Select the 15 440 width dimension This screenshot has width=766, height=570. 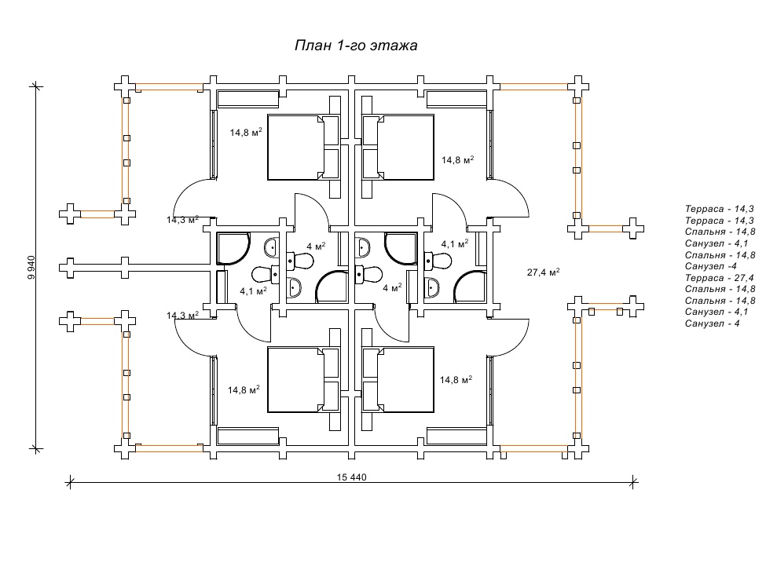[x=352, y=477]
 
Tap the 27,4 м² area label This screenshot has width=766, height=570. [x=543, y=272]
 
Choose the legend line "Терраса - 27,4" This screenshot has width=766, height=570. [x=720, y=278]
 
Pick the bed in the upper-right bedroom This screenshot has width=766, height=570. [x=398, y=147]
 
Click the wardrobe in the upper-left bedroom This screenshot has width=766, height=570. [x=247, y=99]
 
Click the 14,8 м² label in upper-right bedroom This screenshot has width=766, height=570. [x=457, y=160]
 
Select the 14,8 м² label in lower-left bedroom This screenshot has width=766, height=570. [x=244, y=388]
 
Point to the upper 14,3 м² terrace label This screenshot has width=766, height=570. [x=182, y=220]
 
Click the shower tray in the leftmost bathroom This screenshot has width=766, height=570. [x=233, y=248]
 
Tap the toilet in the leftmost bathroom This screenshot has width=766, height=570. [x=262, y=274]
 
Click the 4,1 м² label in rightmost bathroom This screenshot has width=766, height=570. [x=455, y=244]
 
